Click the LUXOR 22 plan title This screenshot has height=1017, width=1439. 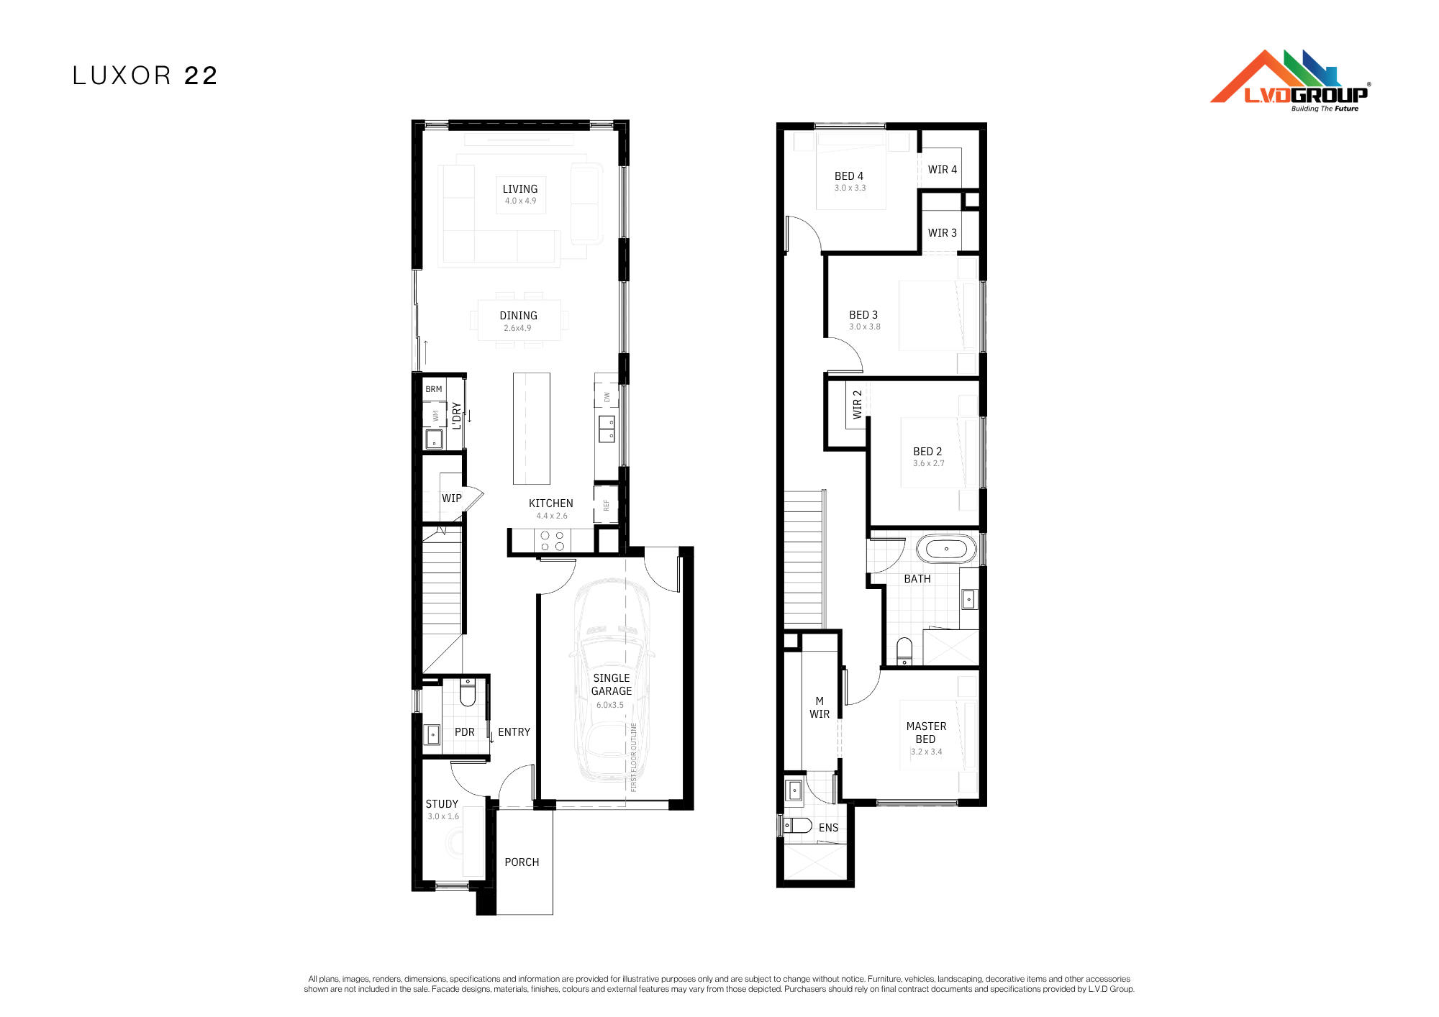coord(145,76)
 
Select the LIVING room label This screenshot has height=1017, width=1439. coord(520,189)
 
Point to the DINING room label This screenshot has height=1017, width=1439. coord(518,316)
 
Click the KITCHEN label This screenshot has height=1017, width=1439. coord(551,503)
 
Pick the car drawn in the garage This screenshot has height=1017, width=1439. coord(612,680)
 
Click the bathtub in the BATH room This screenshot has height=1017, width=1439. coord(946,549)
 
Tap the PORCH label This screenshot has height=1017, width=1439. coord(522,862)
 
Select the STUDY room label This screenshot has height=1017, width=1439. coord(442,804)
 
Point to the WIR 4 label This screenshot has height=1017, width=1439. coord(943,170)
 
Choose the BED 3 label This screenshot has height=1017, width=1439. coord(863,315)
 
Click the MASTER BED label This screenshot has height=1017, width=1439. coord(926,733)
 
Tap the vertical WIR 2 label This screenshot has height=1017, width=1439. coord(857,404)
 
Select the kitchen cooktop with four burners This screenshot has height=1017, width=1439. coord(553,541)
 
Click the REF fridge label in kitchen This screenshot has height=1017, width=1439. coord(606,505)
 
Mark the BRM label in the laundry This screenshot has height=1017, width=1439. coord(434,389)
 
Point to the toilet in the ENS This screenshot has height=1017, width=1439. coord(797,826)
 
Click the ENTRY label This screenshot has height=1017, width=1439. coord(514,732)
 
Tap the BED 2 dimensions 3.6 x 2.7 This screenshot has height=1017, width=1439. coord(928,464)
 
